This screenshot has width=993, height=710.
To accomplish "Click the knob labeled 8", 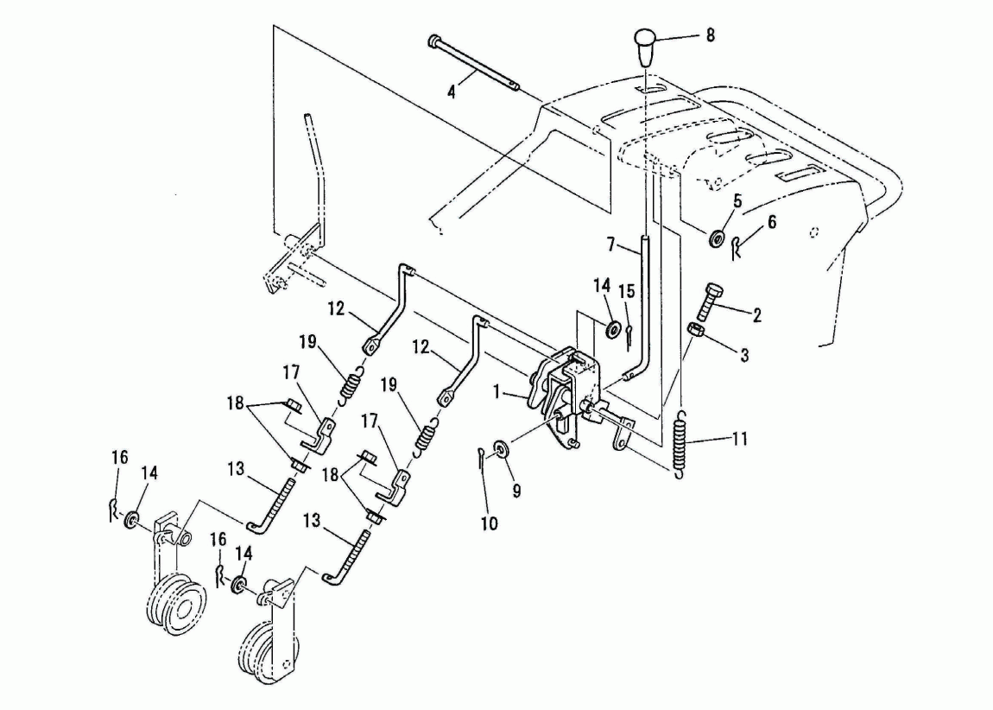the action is pyautogui.click(x=645, y=47).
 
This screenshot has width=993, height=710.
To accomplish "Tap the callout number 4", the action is pyautogui.click(x=451, y=92).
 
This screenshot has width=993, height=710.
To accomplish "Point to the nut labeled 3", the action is pyautogui.click(x=696, y=329).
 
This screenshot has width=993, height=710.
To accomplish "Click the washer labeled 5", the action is pyautogui.click(x=717, y=238).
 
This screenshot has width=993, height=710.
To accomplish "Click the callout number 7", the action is pyautogui.click(x=610, y=244).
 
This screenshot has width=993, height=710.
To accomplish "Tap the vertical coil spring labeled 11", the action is pyautogui.click(x=680, y=442).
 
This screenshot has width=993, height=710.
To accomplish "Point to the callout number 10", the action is pyautogui.click(x=489, y=523).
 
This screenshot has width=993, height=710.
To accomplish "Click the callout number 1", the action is pyautogui.click(x=498, y=393).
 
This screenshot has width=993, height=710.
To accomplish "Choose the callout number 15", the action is pyautogui.click(x=626, y=291).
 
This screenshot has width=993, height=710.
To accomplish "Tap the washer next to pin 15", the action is pyautogui.click(x=612, y=330).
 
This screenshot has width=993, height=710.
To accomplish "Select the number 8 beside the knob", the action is pyautogui.click(x=710, y=35).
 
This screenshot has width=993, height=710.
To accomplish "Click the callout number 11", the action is pyautogui.click(x=740, y=438).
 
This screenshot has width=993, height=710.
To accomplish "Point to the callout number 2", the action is pyautogui.click(x=756, y=314).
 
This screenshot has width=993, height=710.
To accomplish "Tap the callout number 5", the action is pyautogui.click(x=737, y=201).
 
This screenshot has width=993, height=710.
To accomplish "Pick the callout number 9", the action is pyautogui.click(x=516, y=491).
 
